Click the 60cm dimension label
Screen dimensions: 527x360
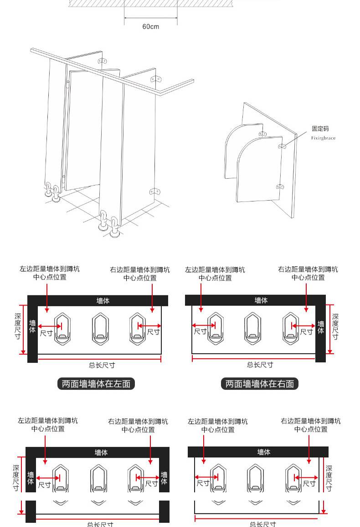pos(150,26)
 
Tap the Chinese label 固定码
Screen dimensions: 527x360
pos(320,129)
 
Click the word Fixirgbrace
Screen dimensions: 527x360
pos(323,138)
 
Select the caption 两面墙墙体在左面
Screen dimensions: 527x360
pos(96,384)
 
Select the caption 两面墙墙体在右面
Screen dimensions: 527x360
pos(260,384)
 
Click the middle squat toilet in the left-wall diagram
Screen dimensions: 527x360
pos(100,327)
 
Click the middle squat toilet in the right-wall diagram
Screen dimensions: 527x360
pos(252,327)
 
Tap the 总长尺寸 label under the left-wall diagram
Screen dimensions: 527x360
pos(102,365)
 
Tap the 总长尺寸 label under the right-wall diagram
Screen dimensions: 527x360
pos(260,364)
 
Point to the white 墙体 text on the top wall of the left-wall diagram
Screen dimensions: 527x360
pos(103,301)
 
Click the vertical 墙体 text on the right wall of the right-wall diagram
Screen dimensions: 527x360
pos(321,327)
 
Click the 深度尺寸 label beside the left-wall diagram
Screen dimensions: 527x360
pos(17,326)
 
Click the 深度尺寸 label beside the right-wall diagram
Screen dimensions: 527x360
pos(335,326)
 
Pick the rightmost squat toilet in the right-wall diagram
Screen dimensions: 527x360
pos(290,327)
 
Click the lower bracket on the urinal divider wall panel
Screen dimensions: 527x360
pos(281,186)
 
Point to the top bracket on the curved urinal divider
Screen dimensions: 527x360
pos(262,134)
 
